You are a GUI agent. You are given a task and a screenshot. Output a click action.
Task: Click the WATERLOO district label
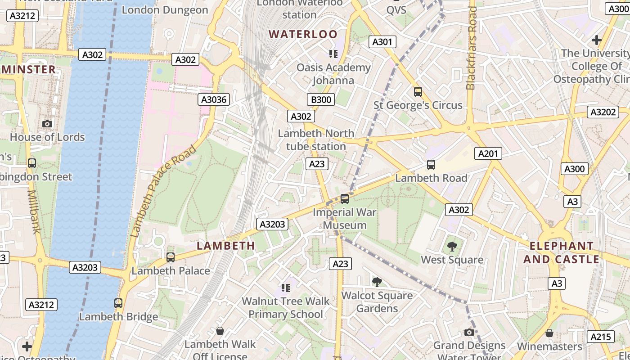click(x=303, y=34)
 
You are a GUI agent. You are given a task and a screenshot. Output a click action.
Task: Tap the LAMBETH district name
click(x=226, y=246)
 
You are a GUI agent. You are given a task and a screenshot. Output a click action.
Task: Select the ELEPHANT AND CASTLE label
click(x=561, y=252)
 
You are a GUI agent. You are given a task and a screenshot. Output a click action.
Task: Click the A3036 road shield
click(x=214, y=99)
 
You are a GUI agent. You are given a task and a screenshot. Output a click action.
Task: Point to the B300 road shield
click(x=321, y=99)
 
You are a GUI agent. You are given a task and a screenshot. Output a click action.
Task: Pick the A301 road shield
click(x=382, y=42)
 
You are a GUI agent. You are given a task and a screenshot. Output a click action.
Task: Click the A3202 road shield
click(x=602, y=112)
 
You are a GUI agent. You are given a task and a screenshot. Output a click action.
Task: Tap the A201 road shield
click(x=488, y=154)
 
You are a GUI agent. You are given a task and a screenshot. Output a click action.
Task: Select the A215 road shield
click(x=600, y=337)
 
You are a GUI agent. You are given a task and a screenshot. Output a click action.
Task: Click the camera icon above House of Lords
click(x=47, y=124)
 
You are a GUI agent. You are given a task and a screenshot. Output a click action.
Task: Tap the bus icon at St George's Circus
click(x=418, y=92)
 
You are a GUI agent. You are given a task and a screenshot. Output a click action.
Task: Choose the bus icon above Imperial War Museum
click(x=345, y=198)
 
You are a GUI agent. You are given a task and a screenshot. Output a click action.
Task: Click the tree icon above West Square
click(x=452, y=247)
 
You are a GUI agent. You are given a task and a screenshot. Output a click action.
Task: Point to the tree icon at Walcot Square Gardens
click(x=377, y=282)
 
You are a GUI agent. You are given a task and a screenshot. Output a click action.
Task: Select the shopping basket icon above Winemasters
click(x=549, y=333)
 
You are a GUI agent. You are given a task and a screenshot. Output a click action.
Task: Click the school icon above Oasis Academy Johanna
click(x=333, y=54)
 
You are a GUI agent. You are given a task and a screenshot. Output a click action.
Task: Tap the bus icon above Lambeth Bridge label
click(x=118, y=303)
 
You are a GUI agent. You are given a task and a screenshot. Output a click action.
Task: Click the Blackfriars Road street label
click(x=471, y=48)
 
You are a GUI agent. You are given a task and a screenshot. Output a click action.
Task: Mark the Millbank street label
click(x=34, y=211)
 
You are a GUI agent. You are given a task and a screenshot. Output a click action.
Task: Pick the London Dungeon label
click(x=165, y=10)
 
